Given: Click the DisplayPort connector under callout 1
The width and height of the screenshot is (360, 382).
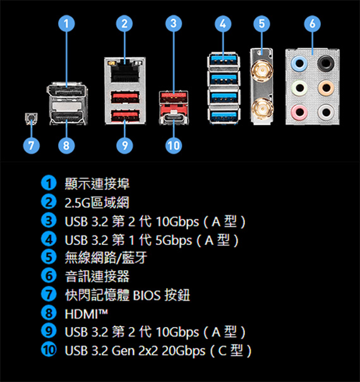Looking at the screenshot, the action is click(67, 91).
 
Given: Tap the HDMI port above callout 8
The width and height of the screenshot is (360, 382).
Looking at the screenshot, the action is click(67, 117).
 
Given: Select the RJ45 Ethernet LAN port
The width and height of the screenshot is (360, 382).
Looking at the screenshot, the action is click(125, 71).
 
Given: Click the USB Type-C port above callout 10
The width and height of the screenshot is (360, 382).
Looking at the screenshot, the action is click(174, 119).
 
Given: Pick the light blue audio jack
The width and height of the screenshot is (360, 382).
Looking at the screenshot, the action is click(299, 63).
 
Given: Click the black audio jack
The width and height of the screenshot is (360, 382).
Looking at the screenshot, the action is click(326, 63).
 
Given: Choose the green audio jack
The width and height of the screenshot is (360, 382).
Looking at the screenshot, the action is click(299, 88).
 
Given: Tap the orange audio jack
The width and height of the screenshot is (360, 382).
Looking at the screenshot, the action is click(326, 88).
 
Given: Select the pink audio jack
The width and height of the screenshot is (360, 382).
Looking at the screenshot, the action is click(299, 112).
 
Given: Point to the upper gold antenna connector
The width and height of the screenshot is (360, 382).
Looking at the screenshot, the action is click(262, 71).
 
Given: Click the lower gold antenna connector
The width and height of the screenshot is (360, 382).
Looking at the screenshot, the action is click(262, 109).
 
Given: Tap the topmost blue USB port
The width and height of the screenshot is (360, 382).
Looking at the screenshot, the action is click(224, 59).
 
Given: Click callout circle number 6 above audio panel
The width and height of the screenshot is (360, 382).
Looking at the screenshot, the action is click(312, 23).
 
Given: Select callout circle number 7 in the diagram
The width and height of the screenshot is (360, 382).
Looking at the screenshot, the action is click(31, 145).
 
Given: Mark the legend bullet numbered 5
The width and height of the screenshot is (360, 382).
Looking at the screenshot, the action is click(49, 257).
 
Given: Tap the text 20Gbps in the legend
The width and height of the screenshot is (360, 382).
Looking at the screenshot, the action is click(184, 351).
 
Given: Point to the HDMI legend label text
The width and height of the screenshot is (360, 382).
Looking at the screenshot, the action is click(87, 314).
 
